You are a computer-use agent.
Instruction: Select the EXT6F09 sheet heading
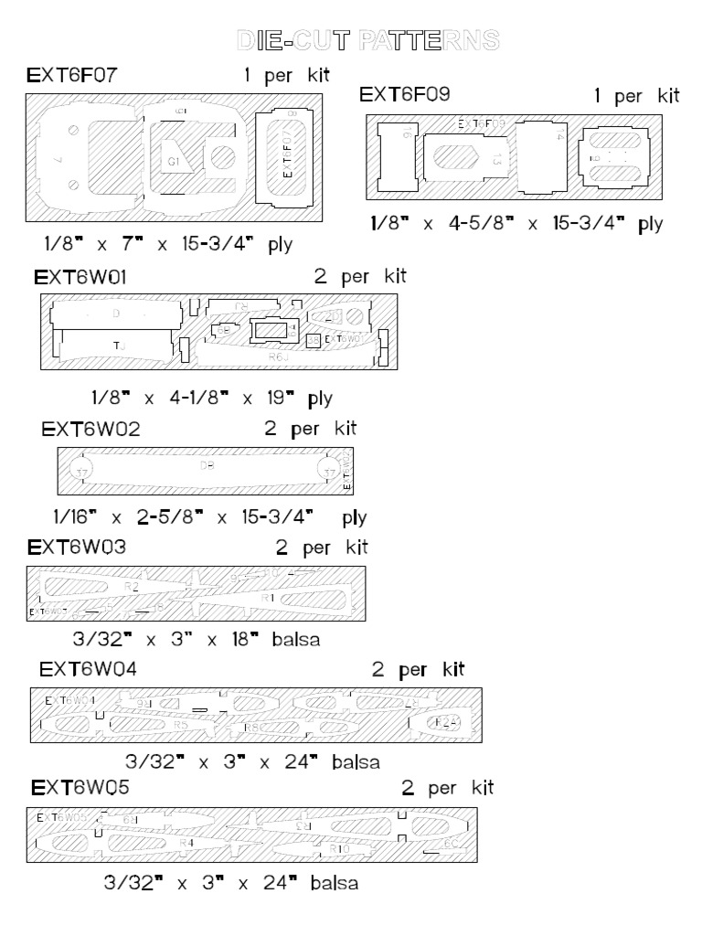[x=404, y=95]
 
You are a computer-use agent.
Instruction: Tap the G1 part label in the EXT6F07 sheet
[x=174, y=162]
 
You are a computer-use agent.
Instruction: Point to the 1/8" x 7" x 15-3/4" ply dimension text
[x=166, y=244]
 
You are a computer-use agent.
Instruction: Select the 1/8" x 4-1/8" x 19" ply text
[x=212, y=399]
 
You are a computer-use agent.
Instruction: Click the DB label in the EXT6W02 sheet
[x=207, y=465]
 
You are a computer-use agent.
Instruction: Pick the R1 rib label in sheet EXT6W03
[x=269, y=597]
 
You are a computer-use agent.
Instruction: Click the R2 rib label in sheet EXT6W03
[x=132, y=586]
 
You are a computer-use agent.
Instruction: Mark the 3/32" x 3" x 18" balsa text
[x=196, y=639]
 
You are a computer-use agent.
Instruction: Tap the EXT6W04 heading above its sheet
[x=89, y=668]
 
